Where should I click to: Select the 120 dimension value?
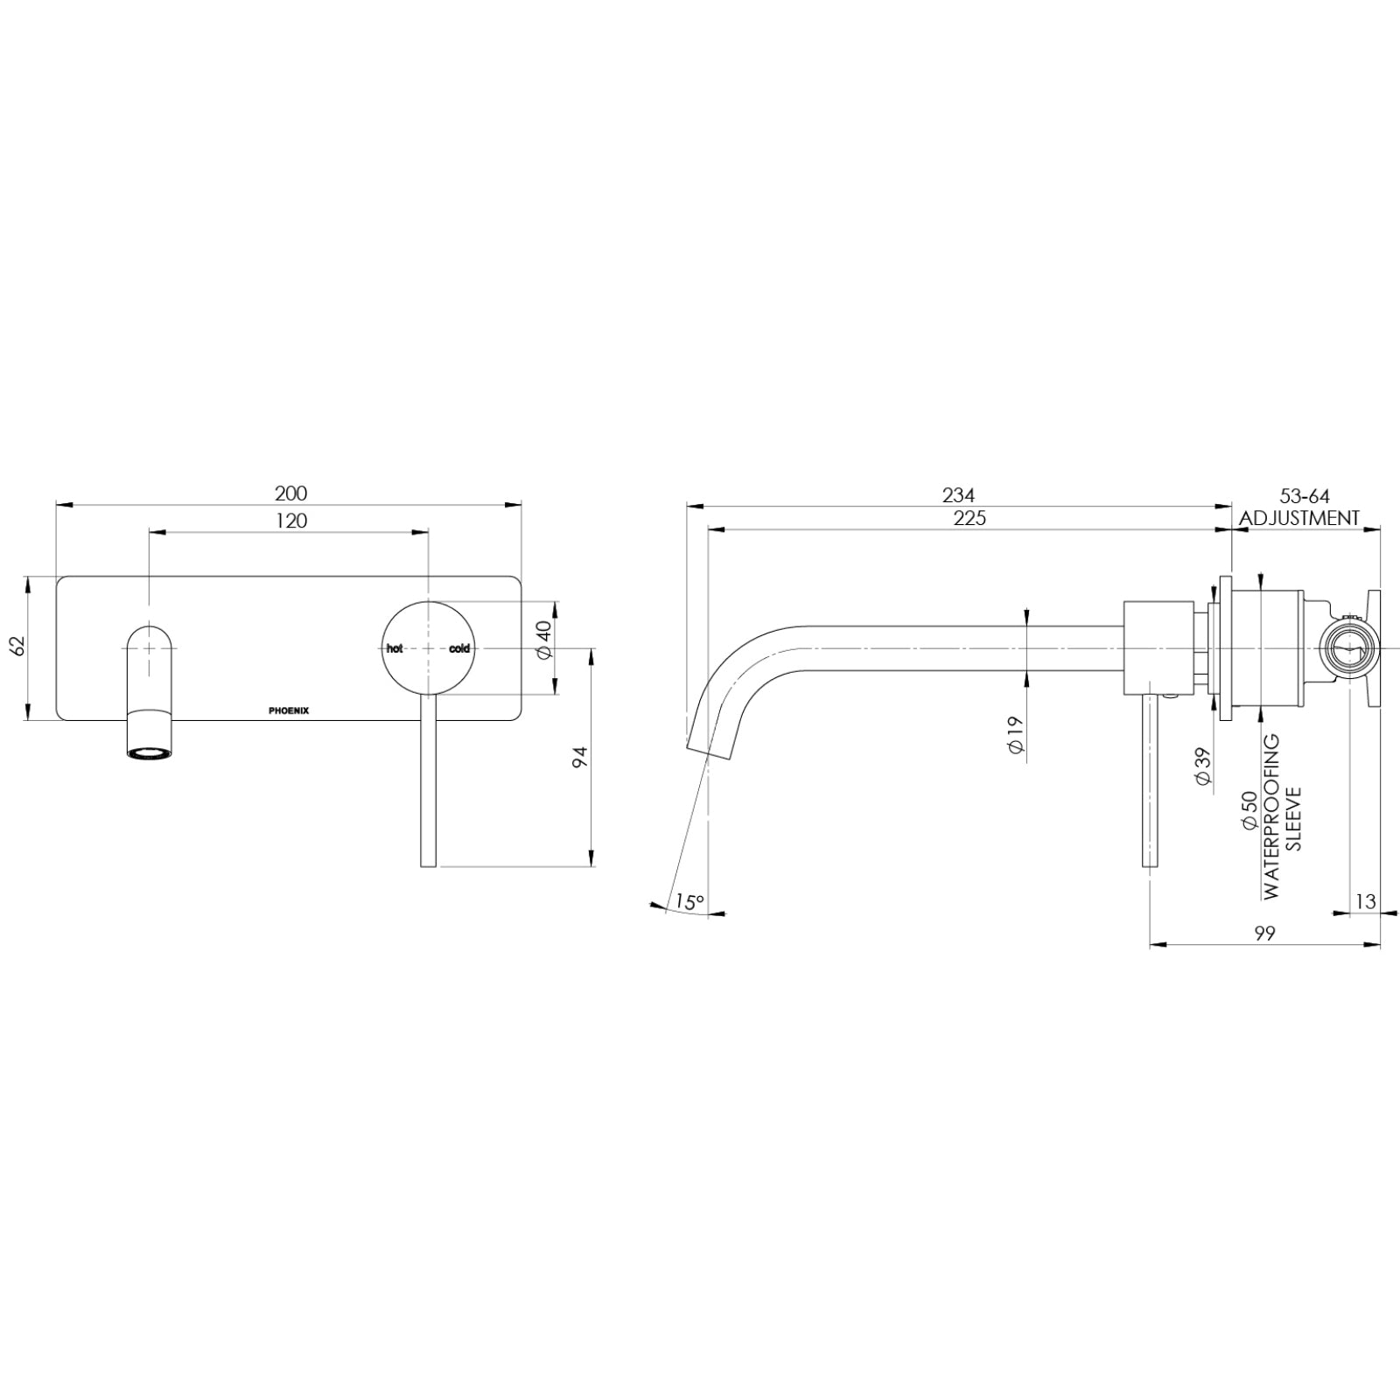[x=290, y=521]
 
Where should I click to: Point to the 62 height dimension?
[x=17, y=647]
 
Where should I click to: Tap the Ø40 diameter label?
[x=543, y=640]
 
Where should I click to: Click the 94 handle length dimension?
[x=578, y=758]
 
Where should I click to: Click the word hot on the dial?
[x=395, y=648]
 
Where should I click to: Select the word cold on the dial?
[x=459, y=648]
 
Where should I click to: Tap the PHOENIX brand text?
[x=288, y=710]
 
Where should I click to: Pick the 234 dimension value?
[x=958, y=495]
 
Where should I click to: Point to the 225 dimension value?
[x=969, y=519]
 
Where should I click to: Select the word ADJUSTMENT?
[x=1299, y=518]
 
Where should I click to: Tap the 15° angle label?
[x=689, y=902]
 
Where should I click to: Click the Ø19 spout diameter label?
[x=1015, y=737]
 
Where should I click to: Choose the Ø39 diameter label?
[x=1203, y=766]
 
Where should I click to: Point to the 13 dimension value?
[x=1365, y=901]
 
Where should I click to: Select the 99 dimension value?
[x=1263, y=934]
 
